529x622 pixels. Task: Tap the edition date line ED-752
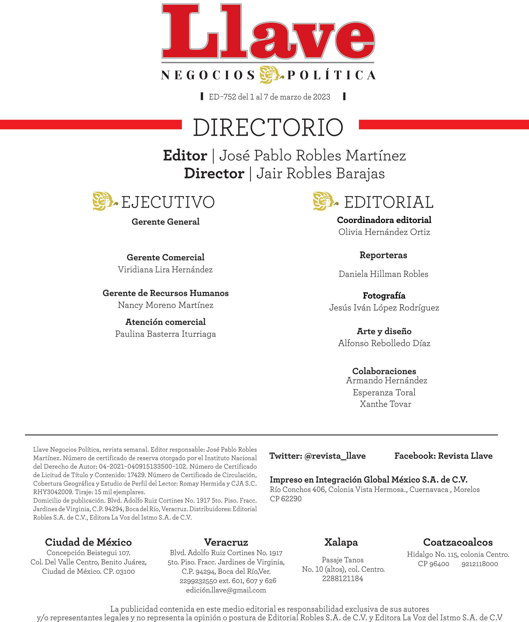[x=269, y=97]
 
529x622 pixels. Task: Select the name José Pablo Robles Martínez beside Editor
[x=313, y=155]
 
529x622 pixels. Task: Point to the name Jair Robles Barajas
[x=320, y=173]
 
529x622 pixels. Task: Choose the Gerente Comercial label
[x=166, y=257]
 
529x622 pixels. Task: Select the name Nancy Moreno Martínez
[x=166, y=305]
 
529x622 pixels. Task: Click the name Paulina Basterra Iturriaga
[x=166, y=334]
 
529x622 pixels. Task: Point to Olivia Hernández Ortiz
[x=384, y=232]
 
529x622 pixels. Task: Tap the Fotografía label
[x=384, y=296]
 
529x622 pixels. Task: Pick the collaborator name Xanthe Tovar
[x=385, y=404]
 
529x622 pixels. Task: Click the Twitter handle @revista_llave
[x=335, y=456]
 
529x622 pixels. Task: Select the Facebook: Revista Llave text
[x=443, y=456]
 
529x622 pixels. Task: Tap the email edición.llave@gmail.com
[x=226, y=590]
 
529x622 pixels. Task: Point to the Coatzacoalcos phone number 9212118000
[x=480, y=564]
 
